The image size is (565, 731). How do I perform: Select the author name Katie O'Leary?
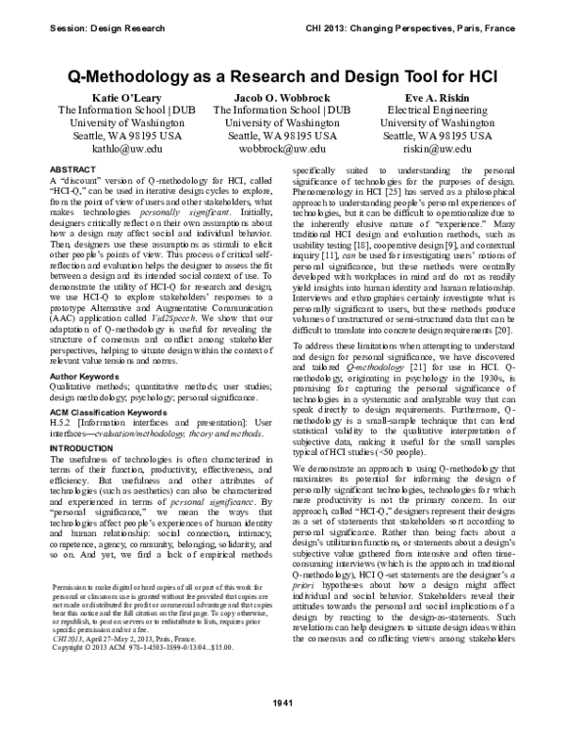click(128, 97)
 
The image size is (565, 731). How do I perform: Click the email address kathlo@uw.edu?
click(128, 148)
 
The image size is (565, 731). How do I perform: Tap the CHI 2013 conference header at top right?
click(438, 28)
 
